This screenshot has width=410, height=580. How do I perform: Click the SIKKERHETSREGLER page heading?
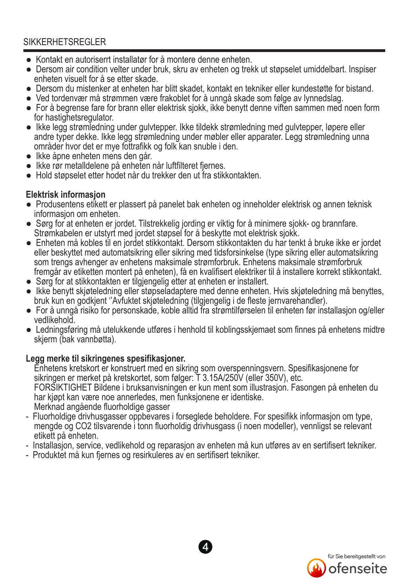[x=65, y=42]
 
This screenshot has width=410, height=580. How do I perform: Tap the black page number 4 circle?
[x=206, y=547]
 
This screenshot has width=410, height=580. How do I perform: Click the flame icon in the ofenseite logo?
[x=316, y=568]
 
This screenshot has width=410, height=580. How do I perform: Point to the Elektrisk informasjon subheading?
[x=65, y=195]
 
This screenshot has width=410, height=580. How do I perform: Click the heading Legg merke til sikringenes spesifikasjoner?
[x=106, y=359]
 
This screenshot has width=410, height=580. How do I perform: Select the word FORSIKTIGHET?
[x=63, y=387]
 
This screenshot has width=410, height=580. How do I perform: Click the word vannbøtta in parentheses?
[x=96, y=340]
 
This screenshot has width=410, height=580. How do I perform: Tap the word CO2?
[x=83, y=426]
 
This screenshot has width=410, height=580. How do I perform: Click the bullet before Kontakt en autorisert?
[x=29, y=60]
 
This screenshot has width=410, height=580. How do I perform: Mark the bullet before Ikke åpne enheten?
[x=29, y=157]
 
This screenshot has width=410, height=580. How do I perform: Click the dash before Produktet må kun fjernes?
[x=27, y=455]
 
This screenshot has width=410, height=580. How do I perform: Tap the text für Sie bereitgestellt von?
[x=356, y=556]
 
